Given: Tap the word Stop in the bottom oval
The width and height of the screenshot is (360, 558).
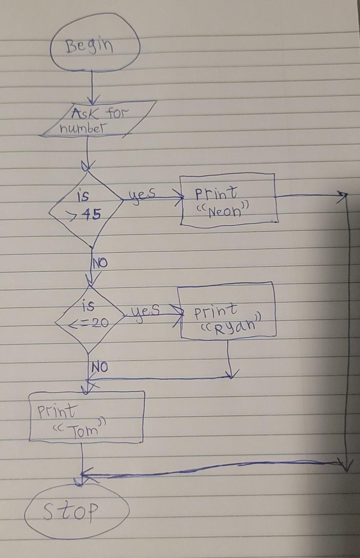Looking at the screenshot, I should (x=72, y=510).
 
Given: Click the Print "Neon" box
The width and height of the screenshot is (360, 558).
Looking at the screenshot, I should (x=229, y=200).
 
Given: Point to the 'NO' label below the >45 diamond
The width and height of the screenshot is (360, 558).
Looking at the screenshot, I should (x=100, y=264).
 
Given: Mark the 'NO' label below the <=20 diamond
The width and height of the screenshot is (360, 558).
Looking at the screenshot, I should (x=99, y=368).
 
